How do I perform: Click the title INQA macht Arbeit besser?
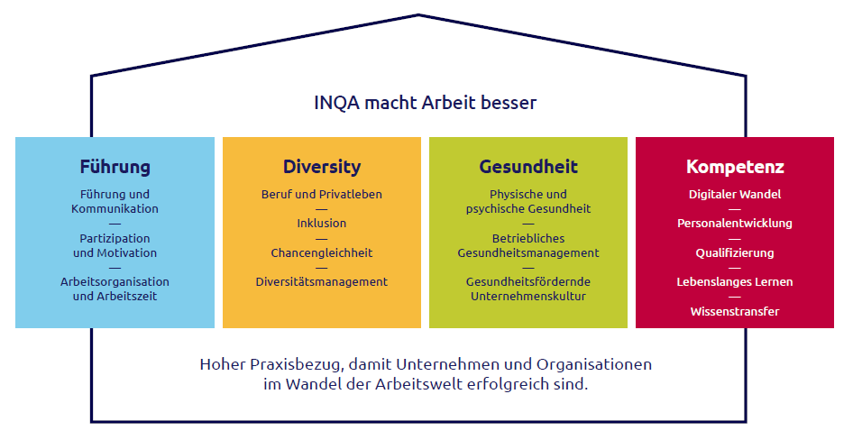(x=426, y=103)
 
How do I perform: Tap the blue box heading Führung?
(x=115, y=167)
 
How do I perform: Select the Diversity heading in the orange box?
(x=322, y=167)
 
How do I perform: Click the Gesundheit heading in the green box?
(x=528, y=167)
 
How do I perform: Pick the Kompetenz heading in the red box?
(x=735, y=167)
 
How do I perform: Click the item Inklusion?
(x=322, y=223)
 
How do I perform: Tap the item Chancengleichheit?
(x=322, y=252)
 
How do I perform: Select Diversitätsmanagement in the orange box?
(x=322, y=281)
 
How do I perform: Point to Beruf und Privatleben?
(x=322, y=194)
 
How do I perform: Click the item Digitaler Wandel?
(x=735, y=194)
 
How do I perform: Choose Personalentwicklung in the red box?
(x=735, y=223)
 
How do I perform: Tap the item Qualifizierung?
(x=735, y=252)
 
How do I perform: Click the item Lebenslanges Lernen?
(x=735, y=281)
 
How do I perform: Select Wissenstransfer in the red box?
(x=735, y=312)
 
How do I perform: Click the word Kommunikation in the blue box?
(x=115, y=209)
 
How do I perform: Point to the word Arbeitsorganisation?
(x=115, y=281)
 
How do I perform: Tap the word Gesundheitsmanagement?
(x=528, y=252)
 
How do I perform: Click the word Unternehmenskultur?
(x=528, y=297)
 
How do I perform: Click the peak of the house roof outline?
(x=418, y=15)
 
